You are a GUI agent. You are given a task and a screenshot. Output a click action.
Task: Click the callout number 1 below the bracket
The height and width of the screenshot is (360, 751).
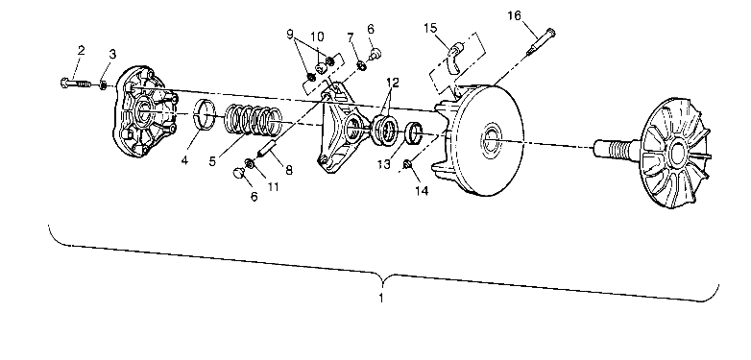[x=383, y=299]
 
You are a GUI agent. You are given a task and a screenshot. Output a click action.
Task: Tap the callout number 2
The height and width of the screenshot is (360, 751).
[x=82, y=49]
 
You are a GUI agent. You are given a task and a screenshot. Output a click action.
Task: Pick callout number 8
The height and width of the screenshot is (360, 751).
[x=288, y=170]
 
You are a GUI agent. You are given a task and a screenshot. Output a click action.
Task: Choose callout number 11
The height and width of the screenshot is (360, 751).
[x=273, y=185]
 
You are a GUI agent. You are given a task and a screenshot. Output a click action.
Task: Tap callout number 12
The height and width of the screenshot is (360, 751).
[x=392, y=83]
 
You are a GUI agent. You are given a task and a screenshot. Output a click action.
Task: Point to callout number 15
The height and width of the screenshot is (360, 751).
[x=431, y=27]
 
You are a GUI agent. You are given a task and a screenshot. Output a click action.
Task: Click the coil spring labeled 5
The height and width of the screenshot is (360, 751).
[x=254, y=118]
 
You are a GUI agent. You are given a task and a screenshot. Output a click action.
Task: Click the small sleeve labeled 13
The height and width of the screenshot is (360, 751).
[x=414, y=134]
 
